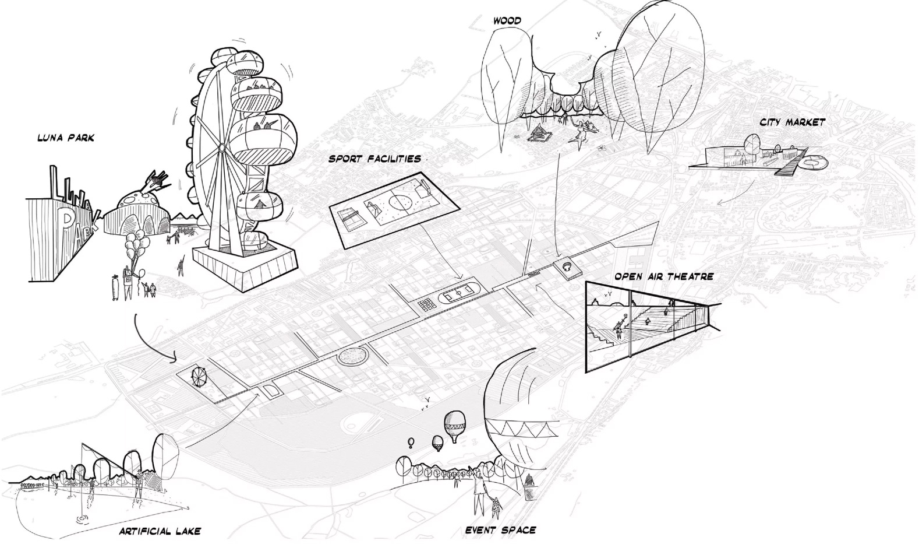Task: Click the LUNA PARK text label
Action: [66, 138]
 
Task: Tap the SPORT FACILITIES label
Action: [374, 159]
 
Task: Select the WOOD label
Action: [507, 21]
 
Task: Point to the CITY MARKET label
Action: [792, 122]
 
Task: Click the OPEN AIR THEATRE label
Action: [663, 276]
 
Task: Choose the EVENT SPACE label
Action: [500, 530]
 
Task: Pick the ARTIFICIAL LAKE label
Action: [160, 531]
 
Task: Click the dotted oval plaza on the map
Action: [352, 355]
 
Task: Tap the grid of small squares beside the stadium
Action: [426, 304]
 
